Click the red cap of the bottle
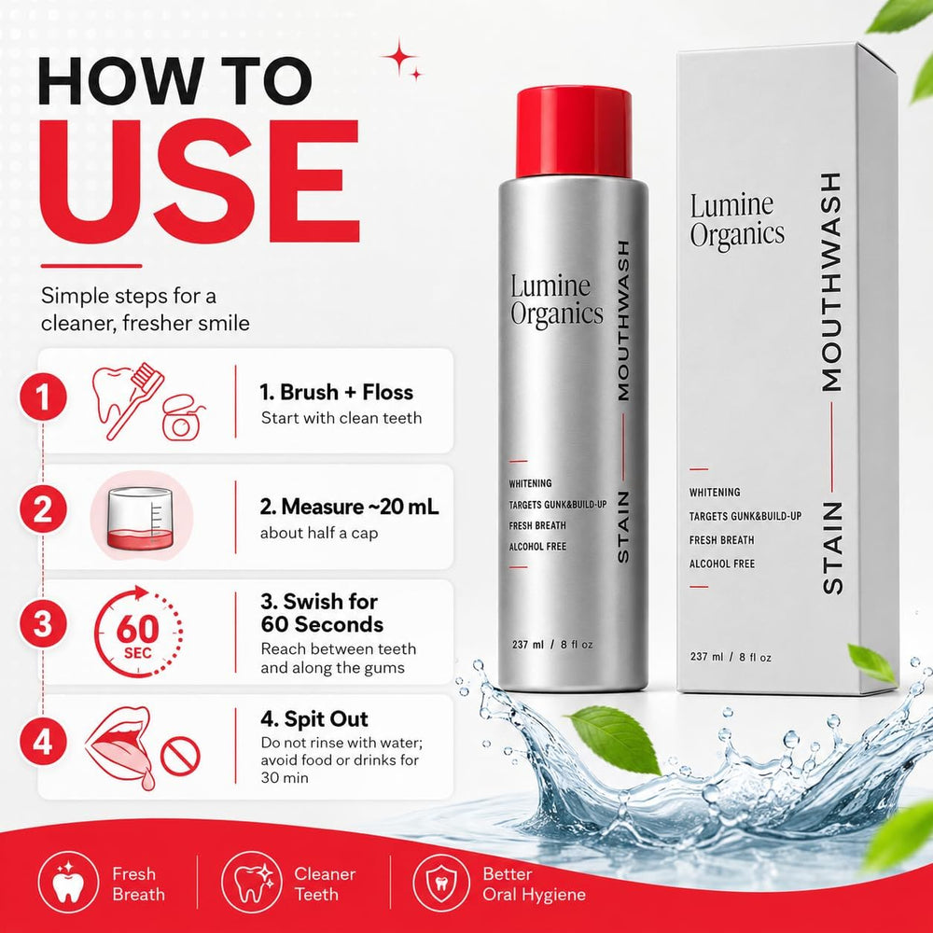click(574, 132)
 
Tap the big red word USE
click(200, 181)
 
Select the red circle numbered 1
click(42, 397)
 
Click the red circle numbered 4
click(42, 742)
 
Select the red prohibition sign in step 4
click(180, 757)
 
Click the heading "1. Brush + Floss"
click(336, 392)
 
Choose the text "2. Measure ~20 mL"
click(349, 507)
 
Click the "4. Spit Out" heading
click(314, 718)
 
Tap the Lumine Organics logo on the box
click(737, 220)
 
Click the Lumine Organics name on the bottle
click(556, 301)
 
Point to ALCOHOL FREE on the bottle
click(537, 547)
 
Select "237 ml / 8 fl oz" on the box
click(731, 657)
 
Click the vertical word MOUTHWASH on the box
click(831, 282)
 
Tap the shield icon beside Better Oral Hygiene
click(441, 884)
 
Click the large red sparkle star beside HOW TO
click(399, 57)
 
